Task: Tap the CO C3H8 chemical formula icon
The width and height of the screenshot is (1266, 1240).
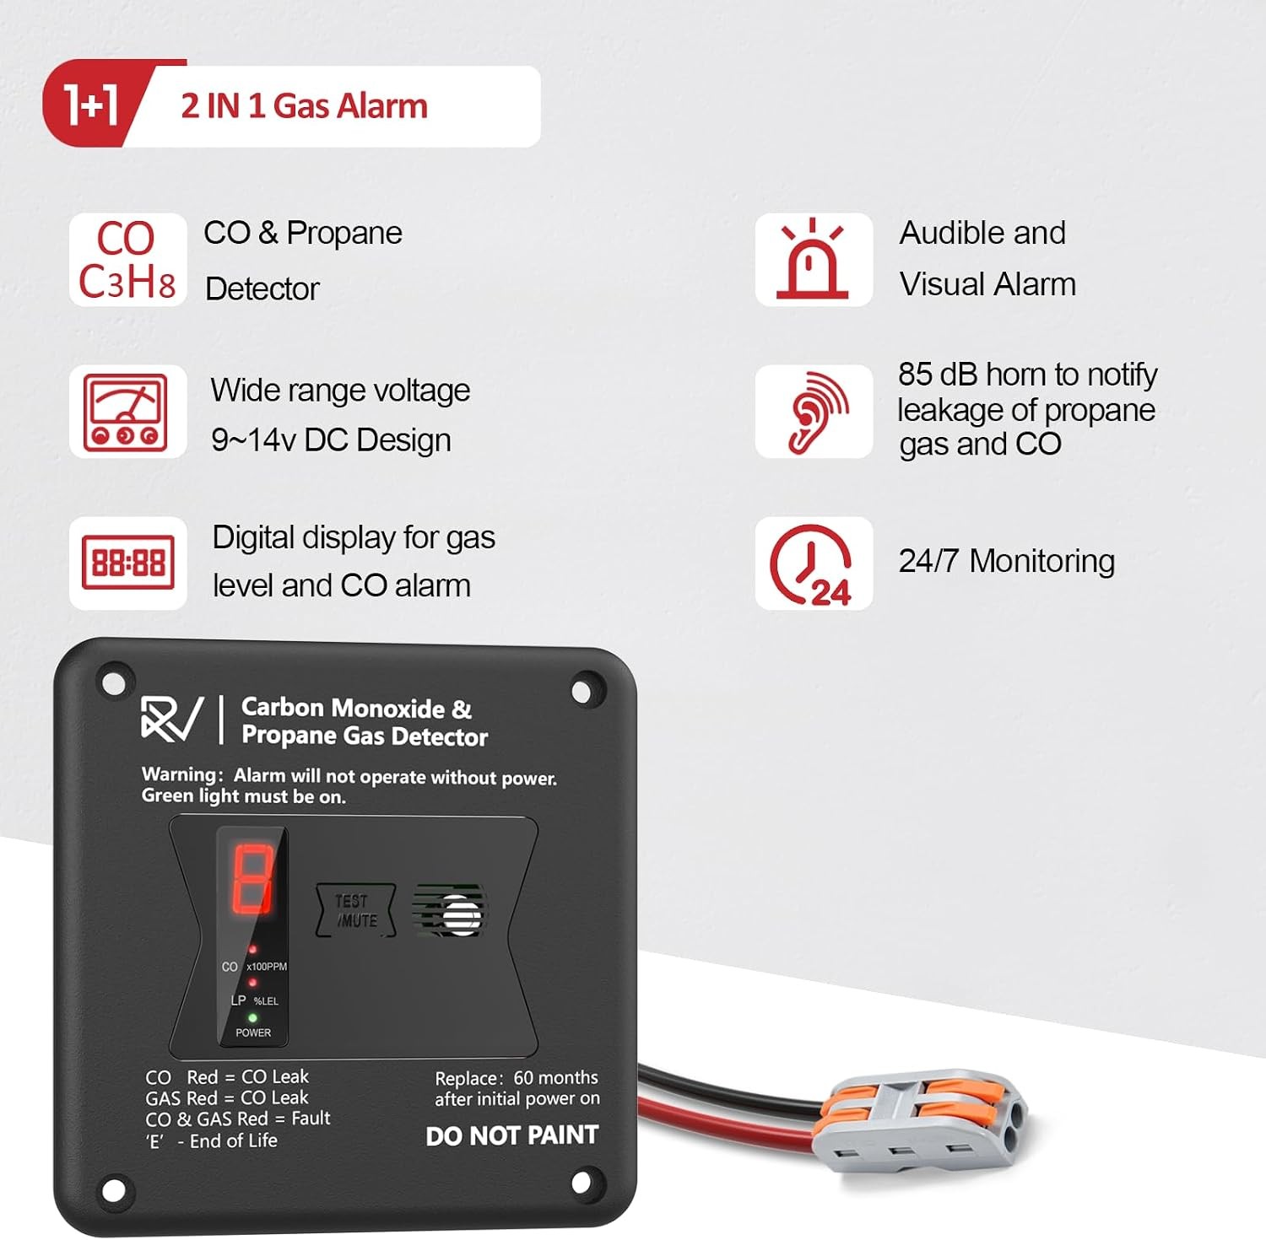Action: pos(127,260)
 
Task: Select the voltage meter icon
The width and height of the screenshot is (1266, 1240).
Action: pos(127,412)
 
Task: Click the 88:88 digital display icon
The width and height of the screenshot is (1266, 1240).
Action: pos(127,563)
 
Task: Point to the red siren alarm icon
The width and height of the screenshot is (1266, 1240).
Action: pos(813,259)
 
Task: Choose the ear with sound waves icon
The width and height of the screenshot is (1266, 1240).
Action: pos(815,412)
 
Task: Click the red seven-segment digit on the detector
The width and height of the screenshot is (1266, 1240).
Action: pos(252,879)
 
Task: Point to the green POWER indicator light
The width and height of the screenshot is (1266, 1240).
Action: pos(252,1018)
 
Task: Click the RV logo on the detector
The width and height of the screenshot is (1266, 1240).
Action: pos(172,719)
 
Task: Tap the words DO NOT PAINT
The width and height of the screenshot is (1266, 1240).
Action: pos(511,1135)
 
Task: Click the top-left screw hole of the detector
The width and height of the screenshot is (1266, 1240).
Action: pos(113,680)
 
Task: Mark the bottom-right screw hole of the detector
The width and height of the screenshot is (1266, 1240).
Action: pos(582,1183)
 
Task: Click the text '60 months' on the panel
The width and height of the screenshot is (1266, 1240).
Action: pos(555,1077)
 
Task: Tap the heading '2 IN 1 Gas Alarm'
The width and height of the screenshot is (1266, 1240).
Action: pos(304,106)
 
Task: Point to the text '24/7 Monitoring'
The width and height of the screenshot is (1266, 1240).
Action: pos(1006,561)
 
